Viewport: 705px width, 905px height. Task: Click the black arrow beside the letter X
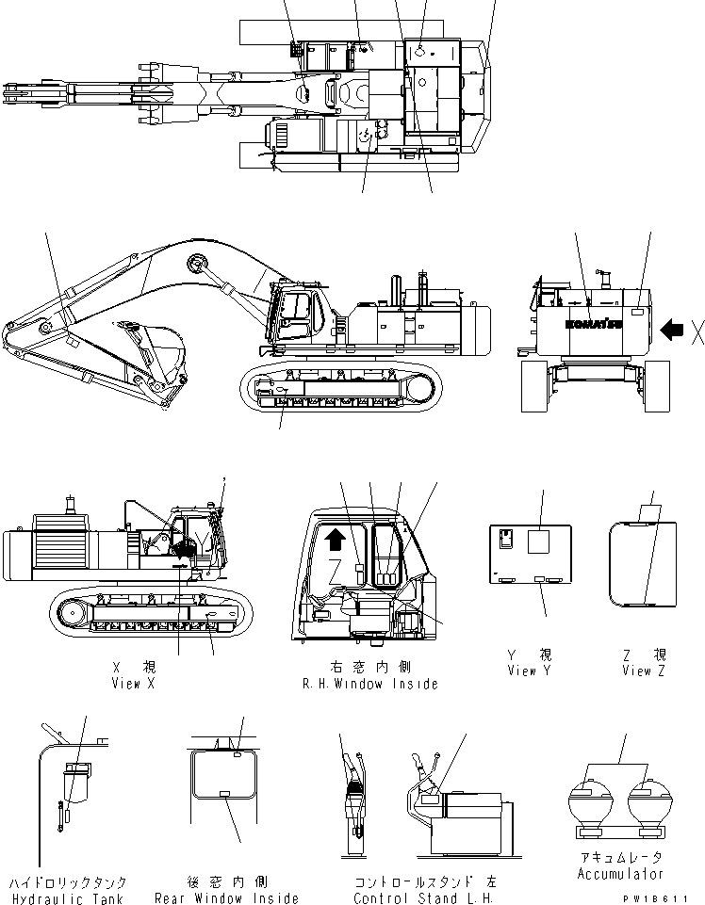[x=673, y=330]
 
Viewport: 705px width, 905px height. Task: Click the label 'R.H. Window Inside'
[x=369, y=684]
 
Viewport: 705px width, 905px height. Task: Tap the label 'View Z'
[x=646, y=671]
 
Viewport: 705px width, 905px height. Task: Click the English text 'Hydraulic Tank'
[x=68, y=899]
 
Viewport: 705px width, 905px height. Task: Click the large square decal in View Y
[x=538, y=541]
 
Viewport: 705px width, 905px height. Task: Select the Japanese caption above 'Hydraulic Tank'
[x=68, y=883]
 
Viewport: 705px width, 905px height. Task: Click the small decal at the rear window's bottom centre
[x=224, y=795]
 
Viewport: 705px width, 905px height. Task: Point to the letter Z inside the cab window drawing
[x=336, y=568]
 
